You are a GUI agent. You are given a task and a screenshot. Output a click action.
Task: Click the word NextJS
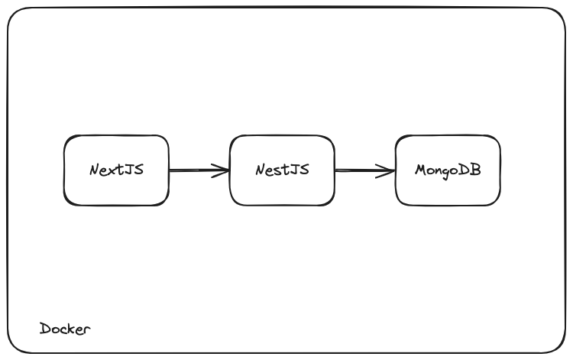(x=116, y=170)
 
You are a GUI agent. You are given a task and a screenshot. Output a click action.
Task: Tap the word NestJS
(x=282, y=170)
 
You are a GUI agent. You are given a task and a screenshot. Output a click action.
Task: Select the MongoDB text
(x=448, y=170)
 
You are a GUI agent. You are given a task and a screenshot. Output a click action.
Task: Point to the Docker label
(x=65, y=329)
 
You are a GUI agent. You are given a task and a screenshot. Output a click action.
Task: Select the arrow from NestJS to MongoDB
(x=364, y=170)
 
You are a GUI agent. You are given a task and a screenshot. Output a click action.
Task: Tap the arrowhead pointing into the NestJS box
(x=223, y=170)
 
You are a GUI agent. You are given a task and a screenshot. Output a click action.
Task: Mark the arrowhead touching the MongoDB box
(x=390, y=170)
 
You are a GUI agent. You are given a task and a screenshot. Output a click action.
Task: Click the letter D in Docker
(x=45, y=329)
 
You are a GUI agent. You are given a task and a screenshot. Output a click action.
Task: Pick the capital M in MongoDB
(x=420, y=170)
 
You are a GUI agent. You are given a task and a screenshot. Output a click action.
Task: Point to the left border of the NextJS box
(x=64, y=170)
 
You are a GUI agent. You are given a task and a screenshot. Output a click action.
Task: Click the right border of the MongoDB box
(x=500, y=170)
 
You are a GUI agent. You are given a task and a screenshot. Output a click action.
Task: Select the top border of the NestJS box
(x=282, y=136)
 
